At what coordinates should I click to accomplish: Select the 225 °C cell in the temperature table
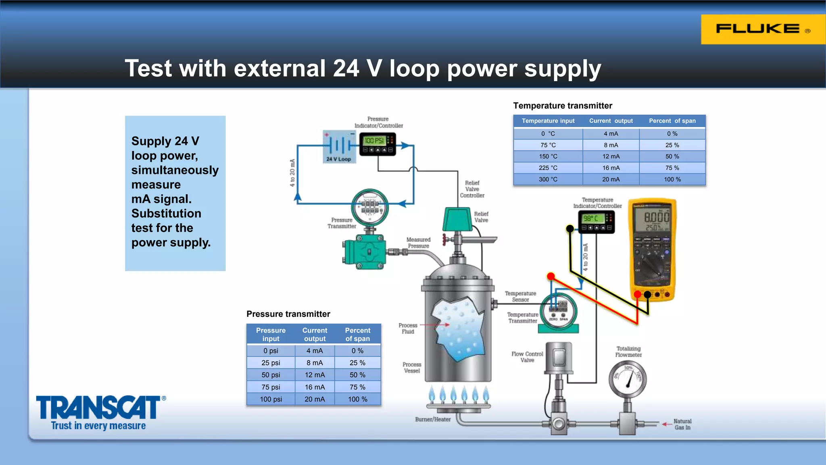[548, 168]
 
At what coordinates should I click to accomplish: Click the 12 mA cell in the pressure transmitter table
[315, 375]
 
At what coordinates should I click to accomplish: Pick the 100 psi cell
[271, 399]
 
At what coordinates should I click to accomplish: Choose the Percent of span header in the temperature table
[672, 121]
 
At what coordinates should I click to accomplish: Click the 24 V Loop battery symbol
[339, 145]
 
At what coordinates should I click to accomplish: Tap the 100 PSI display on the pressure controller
[374, 140]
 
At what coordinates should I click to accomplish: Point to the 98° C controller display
[592, 218]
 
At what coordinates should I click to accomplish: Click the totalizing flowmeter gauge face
[628, 379]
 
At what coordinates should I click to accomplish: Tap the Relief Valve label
[481, 217]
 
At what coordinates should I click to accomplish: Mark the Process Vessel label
[412, 367]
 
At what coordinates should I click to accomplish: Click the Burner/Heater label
[433, 419]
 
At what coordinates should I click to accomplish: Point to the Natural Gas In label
[682, 424]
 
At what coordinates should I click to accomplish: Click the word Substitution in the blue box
[166, 213]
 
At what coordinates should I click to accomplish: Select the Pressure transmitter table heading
[288, 314]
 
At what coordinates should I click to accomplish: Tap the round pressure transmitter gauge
[369, 207]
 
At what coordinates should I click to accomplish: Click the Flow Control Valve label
[527, 357]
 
